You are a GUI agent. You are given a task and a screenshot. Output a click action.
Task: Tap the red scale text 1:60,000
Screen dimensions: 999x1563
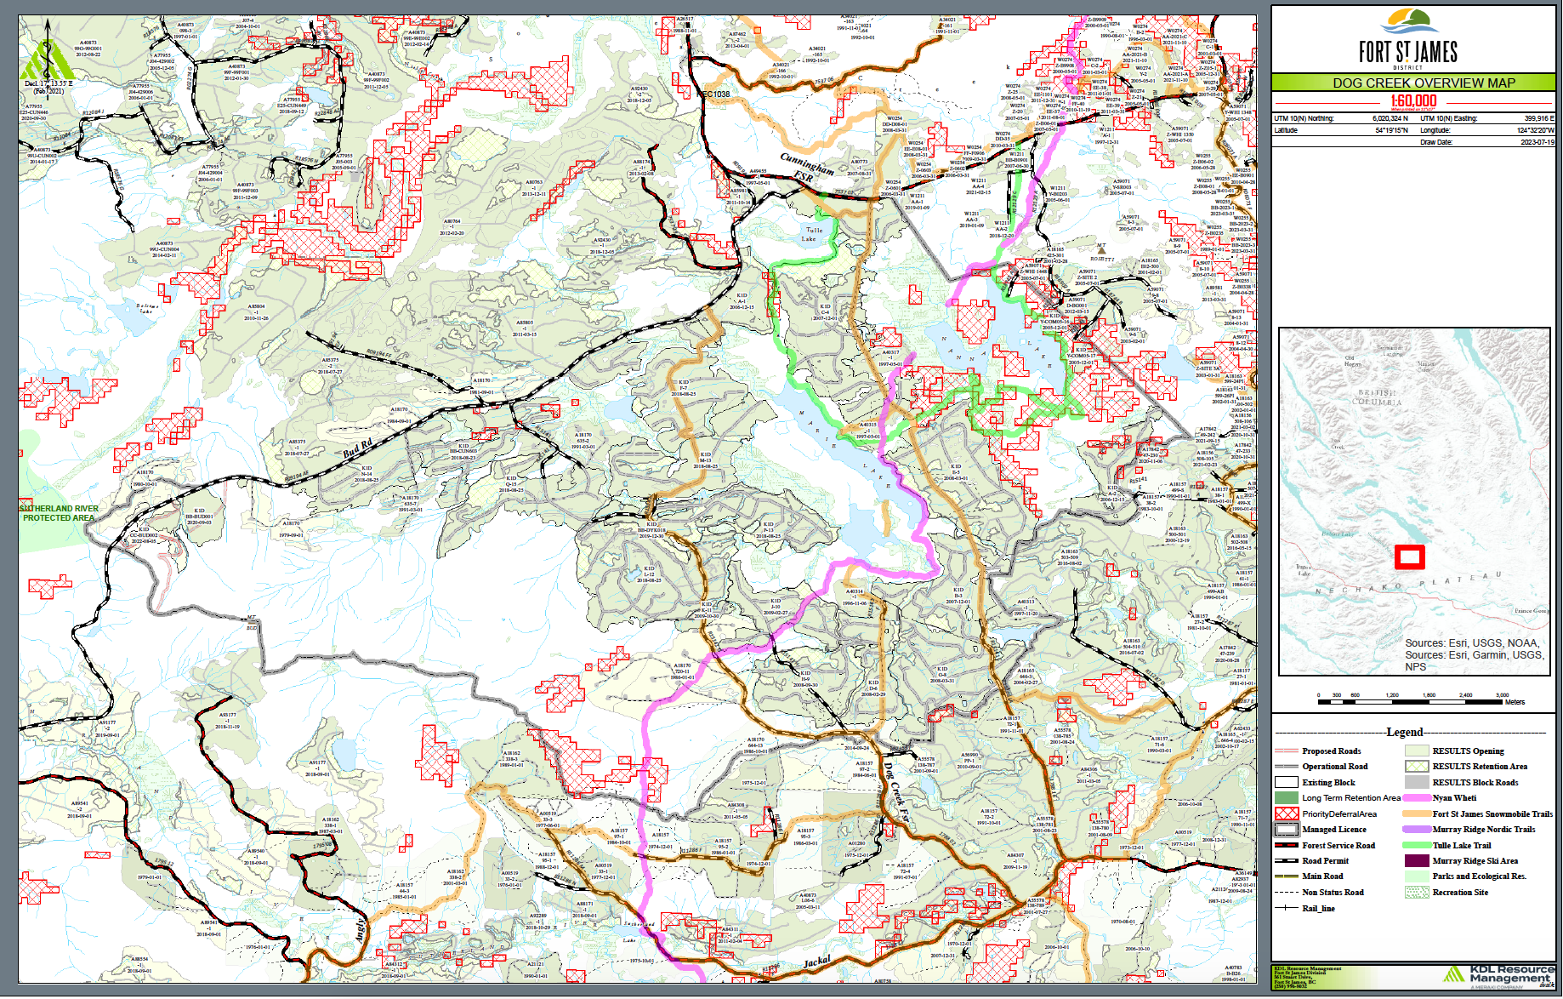(x=1412, y=100)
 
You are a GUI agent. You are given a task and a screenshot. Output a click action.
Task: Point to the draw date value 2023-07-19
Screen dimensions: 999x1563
(x=1537, y=142)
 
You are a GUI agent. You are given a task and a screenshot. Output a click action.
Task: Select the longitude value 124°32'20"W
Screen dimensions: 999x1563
(x=1535, y=130)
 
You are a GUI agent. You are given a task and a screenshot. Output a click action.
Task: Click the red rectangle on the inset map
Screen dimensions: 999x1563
(x=1409, y=557)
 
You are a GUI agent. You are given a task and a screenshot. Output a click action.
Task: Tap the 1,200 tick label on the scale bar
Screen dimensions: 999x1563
(x=1392, y=695)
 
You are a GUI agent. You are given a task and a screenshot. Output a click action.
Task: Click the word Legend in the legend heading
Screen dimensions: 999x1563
(x=1404, y=732)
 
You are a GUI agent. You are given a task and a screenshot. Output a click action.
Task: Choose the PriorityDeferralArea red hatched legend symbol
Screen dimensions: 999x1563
(x=1287, y=814)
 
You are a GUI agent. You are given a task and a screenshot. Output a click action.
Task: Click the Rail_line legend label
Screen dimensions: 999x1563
(x=1318, y=909)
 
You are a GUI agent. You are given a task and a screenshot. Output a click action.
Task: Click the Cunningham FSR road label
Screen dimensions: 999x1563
(x=808, y=166)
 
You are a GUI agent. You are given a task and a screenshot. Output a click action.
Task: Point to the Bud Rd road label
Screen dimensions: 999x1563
(x=357, y=448)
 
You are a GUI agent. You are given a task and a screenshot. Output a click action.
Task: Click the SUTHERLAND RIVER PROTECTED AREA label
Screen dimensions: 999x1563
(x=60, y=513)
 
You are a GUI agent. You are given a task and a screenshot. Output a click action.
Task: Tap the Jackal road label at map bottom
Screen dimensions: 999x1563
(x=816, y=962)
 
